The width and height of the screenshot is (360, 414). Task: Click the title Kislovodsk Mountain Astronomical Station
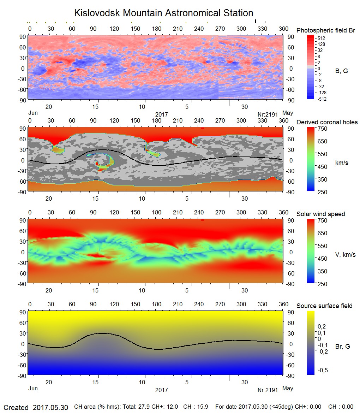[163, 13]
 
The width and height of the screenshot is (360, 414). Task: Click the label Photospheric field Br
[325, 30]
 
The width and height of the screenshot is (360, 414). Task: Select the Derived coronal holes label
[327, 122]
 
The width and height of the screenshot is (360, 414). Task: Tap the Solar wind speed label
[320, 214]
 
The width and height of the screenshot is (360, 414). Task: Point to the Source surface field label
[324, 306]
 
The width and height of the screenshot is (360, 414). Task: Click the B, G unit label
[341, 71]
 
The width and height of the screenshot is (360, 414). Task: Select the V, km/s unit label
[345, 255]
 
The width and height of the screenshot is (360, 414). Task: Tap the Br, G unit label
[342, 347]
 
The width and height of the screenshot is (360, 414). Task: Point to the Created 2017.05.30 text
[36, 407]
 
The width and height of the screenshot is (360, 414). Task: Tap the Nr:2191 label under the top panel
[268, 114]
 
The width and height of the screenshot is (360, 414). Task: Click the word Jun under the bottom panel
[33, 388]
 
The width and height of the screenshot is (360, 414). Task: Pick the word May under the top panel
[288, 113]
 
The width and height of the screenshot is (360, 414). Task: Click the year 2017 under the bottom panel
[161, 390]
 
